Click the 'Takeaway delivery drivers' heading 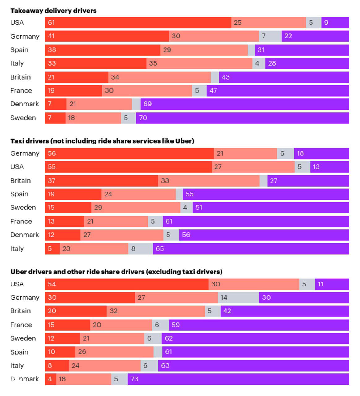pyautogui.click(x=53, y=11)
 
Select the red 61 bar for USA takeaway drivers pyautogui.click(x=138, y=23)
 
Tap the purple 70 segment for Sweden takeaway pyautogui.click(x=242, y=118)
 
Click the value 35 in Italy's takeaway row pyautogui.click(x=153, y=63)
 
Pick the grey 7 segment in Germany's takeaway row pyautogui.click(x=270, y=36)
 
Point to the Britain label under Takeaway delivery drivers pyautogui.click(x=20, y=77)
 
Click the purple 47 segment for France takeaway pyautogui.click(x=278, y=91)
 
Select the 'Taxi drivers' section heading pyautogui.click(x=102, y=141)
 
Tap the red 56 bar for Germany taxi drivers pyautogui.click(x=129, y=153)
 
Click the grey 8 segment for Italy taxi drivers pyautogui.click(x=140, y=249)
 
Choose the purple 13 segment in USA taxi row pyautogui.click(x=329, y=167)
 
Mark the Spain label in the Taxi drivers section pyautogui.click(x=19, y=194)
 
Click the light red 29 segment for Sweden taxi pyautogui.click(x=135, y=208)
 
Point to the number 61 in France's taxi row pyautogui.click(x=169, y=222)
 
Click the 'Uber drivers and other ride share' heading pyautogui.click(x=116, y=272)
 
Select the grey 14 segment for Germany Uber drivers pyautogui.click(x=238, y=298)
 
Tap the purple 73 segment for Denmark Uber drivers pyautogui.click(x=238, y=379)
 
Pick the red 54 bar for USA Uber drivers pyautogui.click(x=127, y=284)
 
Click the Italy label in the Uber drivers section pyautogui.click(x=17, y=366)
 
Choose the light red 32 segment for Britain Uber pyautogui.click(x=156, y=311)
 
